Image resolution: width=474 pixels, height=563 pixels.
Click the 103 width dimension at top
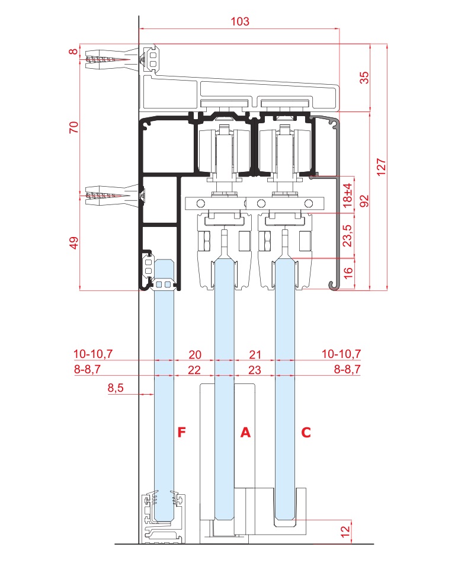click(239, 21)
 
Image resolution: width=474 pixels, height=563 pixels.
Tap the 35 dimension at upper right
click(365, 78)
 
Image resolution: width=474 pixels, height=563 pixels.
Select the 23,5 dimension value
click(348, 235)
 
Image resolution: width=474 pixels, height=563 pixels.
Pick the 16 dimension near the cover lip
click(348, 274)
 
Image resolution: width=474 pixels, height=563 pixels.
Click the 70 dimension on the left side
click(74, 127)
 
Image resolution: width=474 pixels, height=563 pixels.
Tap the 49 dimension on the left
click(74, 243)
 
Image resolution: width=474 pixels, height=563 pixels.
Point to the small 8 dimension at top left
click(74, 53)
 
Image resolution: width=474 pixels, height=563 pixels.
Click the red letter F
click(182, 433)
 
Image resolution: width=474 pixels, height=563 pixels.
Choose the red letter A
click(245, 433)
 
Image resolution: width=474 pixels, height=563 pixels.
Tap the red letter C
click(306, 433)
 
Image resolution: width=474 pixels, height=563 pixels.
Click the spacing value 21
click(255, 354)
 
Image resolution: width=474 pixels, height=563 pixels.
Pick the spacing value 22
click(194, 370)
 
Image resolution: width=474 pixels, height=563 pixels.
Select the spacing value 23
click(255, 370)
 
